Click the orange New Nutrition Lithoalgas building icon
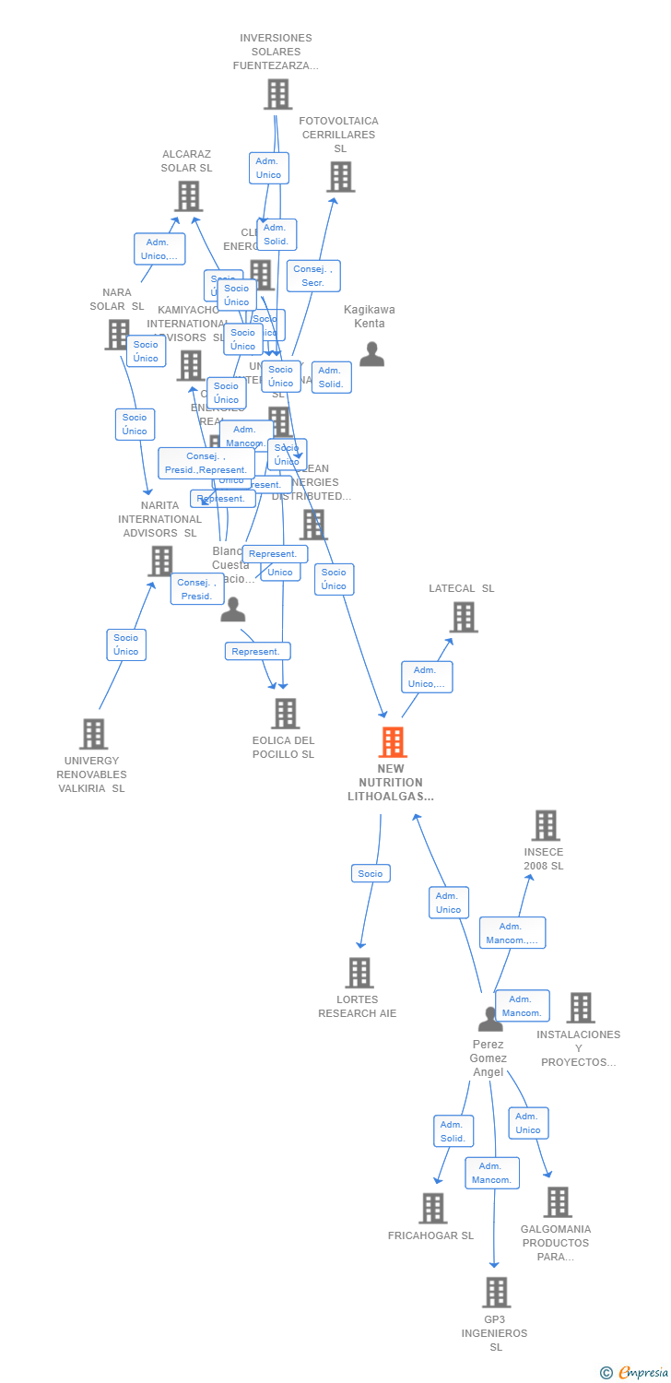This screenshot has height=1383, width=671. tap(393, 742)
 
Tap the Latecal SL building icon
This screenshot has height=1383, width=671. tap(464, 617)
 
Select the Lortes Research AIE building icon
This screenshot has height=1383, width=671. tap(359, 973)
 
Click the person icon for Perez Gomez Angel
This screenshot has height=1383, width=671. tap(490, 1019)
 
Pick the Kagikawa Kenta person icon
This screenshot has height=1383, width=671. tap(371, 354)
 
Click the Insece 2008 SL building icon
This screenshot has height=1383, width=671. tap(546, 825)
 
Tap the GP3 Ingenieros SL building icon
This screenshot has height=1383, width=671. tap(496, 1293)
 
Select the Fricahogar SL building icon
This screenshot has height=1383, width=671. tap(432, 1208)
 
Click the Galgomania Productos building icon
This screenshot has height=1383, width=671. tap(557, 1202)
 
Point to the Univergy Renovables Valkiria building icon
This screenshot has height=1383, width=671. tap(93, 734)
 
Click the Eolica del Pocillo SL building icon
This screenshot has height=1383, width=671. tap(285, 714)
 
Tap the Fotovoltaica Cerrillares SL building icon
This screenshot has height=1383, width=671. tap(340, 177)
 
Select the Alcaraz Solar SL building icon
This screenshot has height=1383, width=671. tap(188, 196)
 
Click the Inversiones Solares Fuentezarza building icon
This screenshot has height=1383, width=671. tap(277, 94)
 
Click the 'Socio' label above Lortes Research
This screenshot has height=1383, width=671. tap(371, 873)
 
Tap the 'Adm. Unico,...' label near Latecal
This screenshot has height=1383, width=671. tap(427, 677)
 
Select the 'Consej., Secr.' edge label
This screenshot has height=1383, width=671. tap(313, 276)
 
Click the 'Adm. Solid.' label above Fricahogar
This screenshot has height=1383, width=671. tap(453, 1131)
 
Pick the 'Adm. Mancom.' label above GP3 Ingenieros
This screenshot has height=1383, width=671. tap(492, 1173)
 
